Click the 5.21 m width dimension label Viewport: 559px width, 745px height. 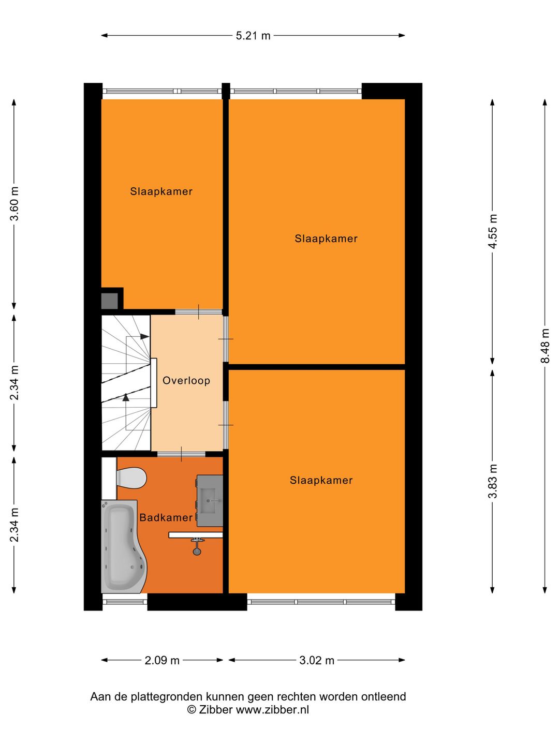[253, 36]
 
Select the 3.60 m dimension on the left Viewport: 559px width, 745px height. [14, 204]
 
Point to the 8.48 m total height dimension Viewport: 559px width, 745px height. [545, 346]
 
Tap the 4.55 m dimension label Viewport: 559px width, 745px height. [493, 231]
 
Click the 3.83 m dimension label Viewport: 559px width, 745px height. [493, 481]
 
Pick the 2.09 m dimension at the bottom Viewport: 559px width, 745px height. [162, 660]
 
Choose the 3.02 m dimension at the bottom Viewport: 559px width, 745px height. [317, 660]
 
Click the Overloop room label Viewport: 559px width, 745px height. [186, 381]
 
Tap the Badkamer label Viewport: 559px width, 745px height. [166, 517]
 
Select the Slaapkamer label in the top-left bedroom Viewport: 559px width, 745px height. [161, 191]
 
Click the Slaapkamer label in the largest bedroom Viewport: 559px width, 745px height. [326, 239]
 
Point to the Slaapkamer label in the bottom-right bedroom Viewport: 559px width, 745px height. [321, 480]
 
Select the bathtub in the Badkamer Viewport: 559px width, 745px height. [122, 547]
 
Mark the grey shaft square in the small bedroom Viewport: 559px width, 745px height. [109, 301]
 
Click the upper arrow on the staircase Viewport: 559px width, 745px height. [144, 337]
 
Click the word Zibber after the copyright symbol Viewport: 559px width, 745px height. [216, 710]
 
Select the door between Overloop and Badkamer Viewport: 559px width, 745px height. [181, 454]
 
